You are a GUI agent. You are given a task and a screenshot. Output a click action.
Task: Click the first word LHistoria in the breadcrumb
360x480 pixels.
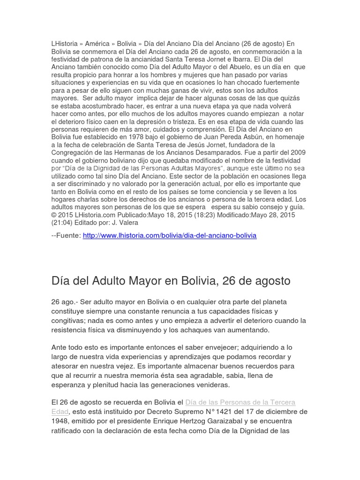65,44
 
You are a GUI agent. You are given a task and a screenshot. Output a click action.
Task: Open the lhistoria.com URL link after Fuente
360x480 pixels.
170,235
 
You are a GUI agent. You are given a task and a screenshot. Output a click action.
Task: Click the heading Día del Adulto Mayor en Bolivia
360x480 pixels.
171,281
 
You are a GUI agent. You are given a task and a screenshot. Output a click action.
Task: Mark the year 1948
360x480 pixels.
61,421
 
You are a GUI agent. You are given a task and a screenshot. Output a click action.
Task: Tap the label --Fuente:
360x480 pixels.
66,235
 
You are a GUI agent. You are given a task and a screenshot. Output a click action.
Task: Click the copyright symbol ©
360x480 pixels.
54,215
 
